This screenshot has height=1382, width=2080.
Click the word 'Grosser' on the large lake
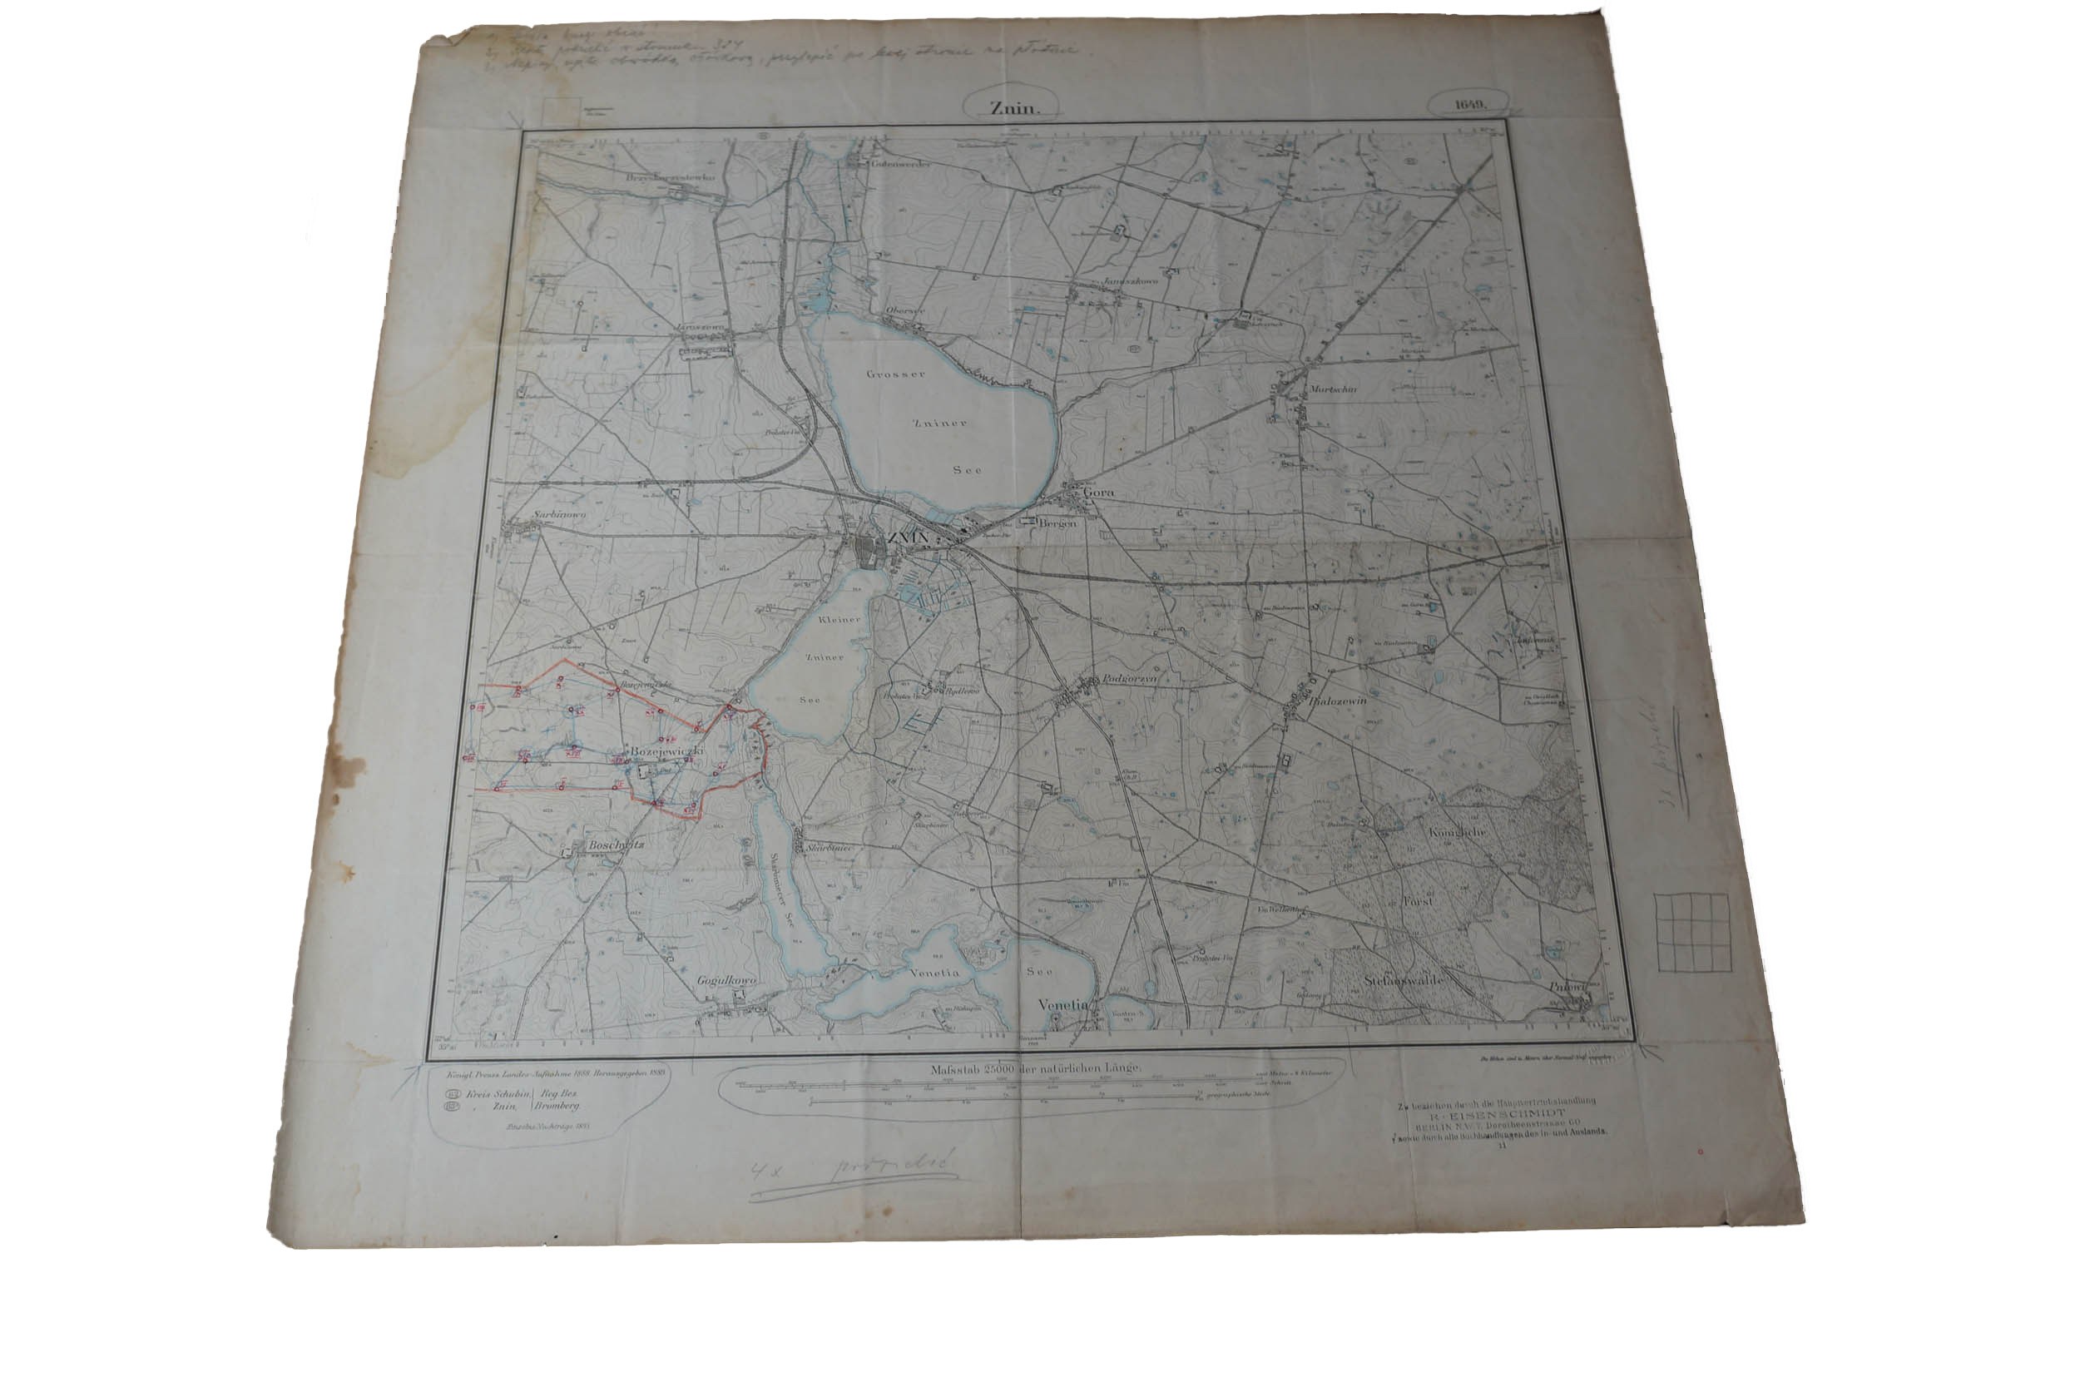(895, 374)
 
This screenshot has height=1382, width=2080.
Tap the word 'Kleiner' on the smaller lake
(838, 621)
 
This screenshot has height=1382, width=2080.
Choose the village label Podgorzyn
(1130, 680)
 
